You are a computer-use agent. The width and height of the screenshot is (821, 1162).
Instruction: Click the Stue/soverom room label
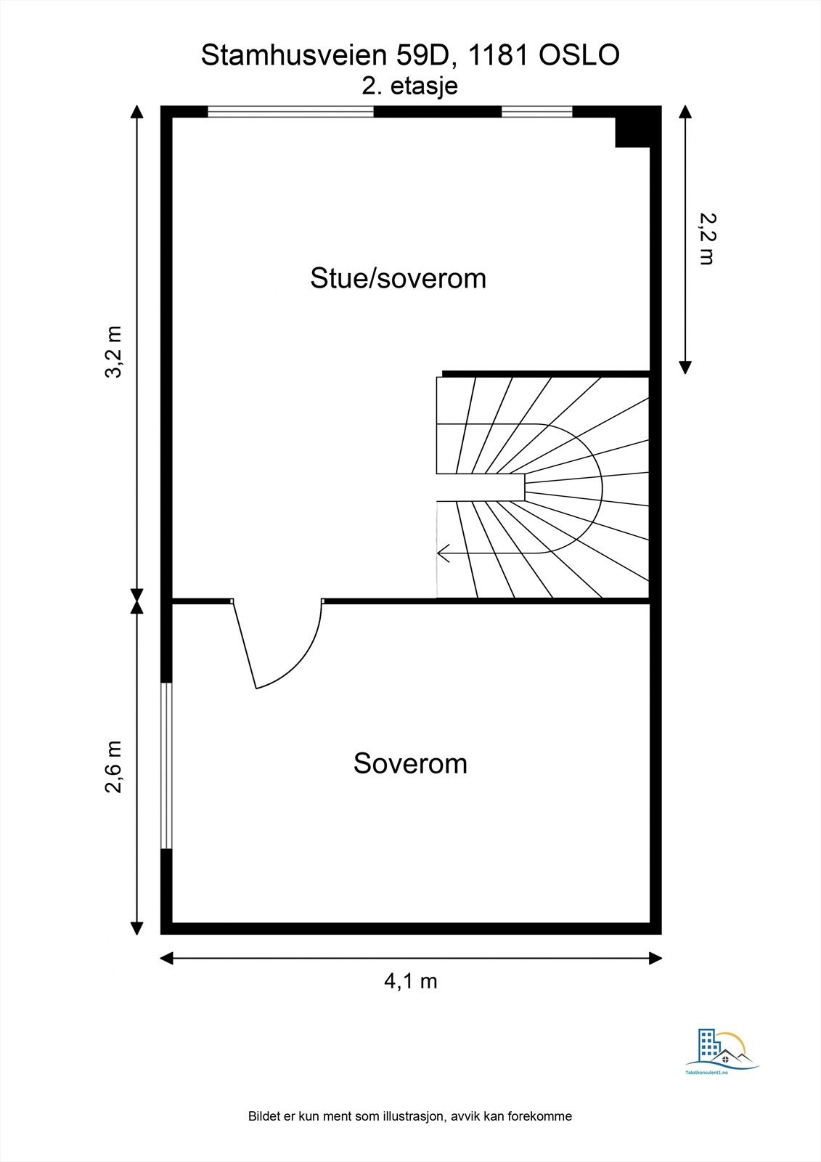click(x=398, y=279)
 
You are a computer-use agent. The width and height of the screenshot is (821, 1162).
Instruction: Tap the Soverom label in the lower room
click(x=410, y=763)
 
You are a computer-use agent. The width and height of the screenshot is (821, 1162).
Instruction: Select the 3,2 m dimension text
click(x=113, y=352)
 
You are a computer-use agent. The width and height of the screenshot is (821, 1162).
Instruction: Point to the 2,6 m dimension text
click(x=113, y=767)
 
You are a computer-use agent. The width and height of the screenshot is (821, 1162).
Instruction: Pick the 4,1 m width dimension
click(x=410, y=981)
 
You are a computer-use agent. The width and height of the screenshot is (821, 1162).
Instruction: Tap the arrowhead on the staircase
click(x=444, y=553)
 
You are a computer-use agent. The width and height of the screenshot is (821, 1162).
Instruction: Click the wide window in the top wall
click(x=290, y=112)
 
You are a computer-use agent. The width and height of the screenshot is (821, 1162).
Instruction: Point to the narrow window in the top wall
click(x=536, y=112)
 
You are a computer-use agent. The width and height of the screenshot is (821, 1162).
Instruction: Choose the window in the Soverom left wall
click(x=166, y=765)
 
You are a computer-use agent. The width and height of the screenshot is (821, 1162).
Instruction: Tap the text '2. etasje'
click(x=409, y=86)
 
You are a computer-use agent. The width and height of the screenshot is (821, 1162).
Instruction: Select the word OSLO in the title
click(x=579, y=55)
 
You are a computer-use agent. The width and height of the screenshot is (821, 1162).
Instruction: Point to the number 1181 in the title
click(x=499, y=55)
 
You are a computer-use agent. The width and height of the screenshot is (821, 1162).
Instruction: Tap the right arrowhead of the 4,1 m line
click(x=655, y=958)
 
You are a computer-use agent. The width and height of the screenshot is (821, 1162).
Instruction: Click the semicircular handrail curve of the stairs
click(x=601, y=487)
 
